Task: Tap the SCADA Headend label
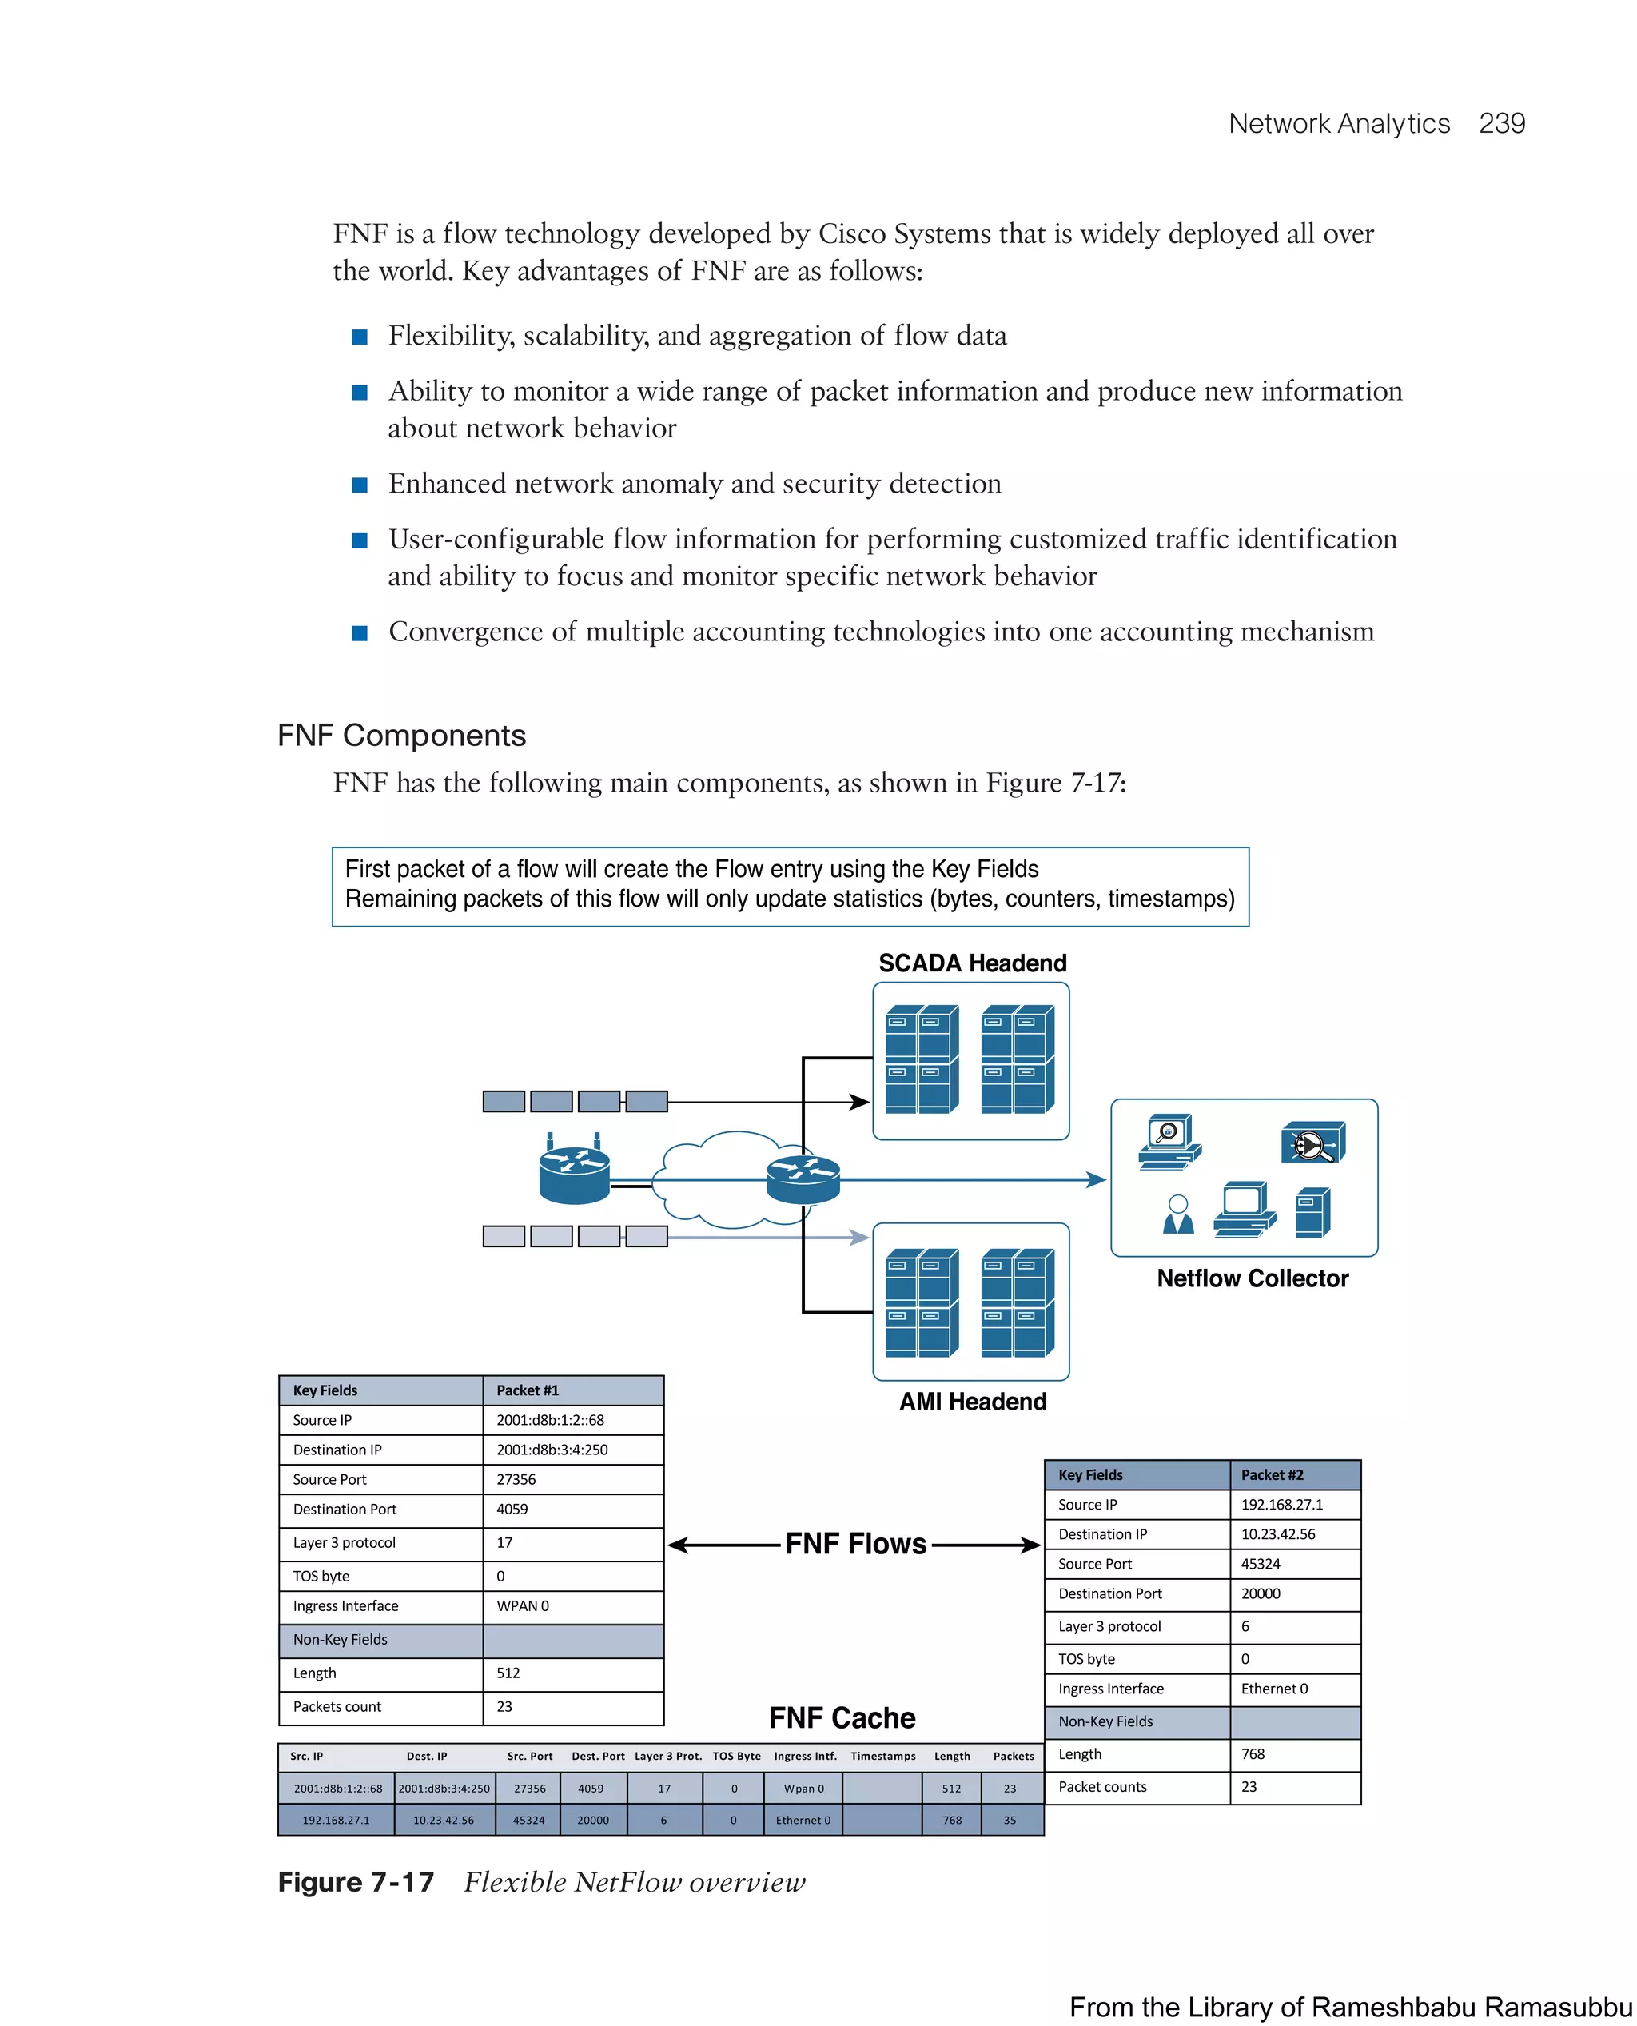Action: pos(971,963)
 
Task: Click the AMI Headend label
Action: pos(971,1402)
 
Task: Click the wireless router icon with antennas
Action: pos(573,1172)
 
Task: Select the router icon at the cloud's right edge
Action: pos(803,1179)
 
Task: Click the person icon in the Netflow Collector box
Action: pos(1177,1214)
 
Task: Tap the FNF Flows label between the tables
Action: pos(855,1544)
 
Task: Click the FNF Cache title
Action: pos(841,1717)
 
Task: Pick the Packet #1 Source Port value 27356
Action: pos(516,1479)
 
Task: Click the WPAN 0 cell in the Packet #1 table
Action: pos(523,1605)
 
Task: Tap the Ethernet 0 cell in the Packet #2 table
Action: pos(1273,1689)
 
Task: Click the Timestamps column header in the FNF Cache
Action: pos(882,1757)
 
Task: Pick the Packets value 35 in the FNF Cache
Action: pos(1009,1821)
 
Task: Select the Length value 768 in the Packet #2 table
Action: pos(1253,1753)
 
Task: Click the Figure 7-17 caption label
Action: pos(356,1882)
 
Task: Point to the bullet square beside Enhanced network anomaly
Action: pos(359,485)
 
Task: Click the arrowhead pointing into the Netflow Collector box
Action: pos(1096,1179)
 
